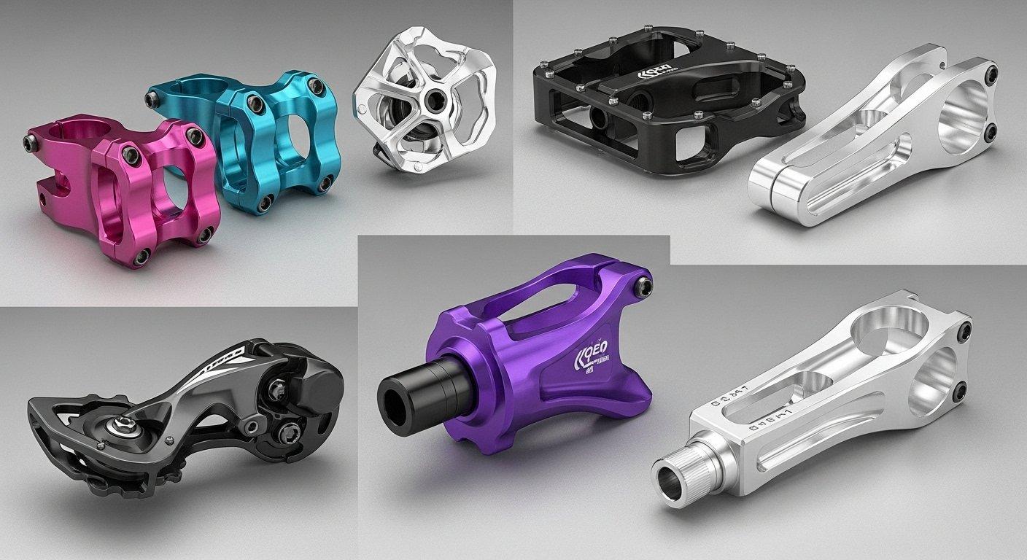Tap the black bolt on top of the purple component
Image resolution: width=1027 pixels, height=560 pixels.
pyautogui.click(x=643, y=287)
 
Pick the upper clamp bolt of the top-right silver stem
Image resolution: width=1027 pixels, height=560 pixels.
pyautogui.click(x=991, y=74)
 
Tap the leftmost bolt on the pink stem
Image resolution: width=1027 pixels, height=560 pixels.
pyautogui.click(x=31, y=146)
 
